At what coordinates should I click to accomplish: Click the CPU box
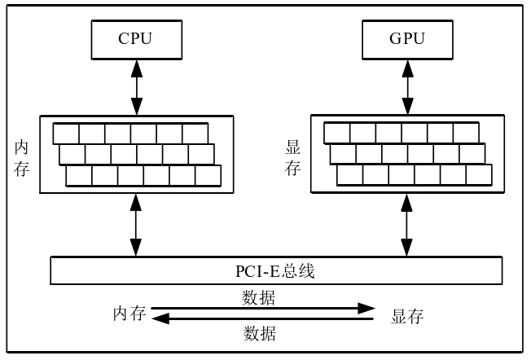point(136,38)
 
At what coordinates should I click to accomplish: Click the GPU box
point(407,38)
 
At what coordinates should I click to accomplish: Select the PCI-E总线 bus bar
point(276,270)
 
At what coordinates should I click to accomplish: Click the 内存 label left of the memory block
point(22,158)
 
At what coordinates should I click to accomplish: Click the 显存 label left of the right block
point(293,158)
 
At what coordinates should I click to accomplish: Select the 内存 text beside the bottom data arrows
point(129,314)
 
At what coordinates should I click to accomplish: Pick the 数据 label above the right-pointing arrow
point(259,297)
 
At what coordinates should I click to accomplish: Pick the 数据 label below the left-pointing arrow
point(260,333)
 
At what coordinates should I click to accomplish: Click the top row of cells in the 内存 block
point(130,133)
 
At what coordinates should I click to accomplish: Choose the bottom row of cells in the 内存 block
point(143,175)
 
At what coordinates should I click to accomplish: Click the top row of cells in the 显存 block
point(401,132)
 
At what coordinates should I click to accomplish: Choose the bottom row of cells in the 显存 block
point(414,174)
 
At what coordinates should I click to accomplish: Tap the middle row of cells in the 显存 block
point(407,153)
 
